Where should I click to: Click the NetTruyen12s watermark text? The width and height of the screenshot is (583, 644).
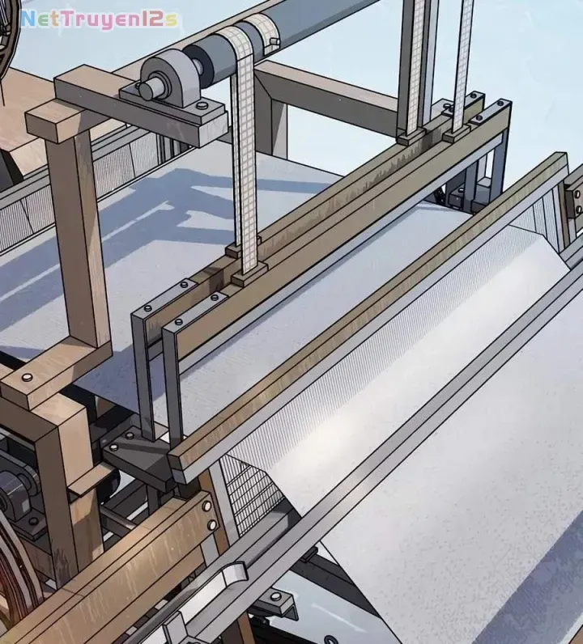tap(99, 19)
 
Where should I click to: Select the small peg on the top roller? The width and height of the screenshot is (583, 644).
tap(274, 41)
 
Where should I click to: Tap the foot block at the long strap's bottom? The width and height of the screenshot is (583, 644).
tap(249, 277)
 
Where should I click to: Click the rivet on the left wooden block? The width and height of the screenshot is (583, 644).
tap(27, 377)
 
